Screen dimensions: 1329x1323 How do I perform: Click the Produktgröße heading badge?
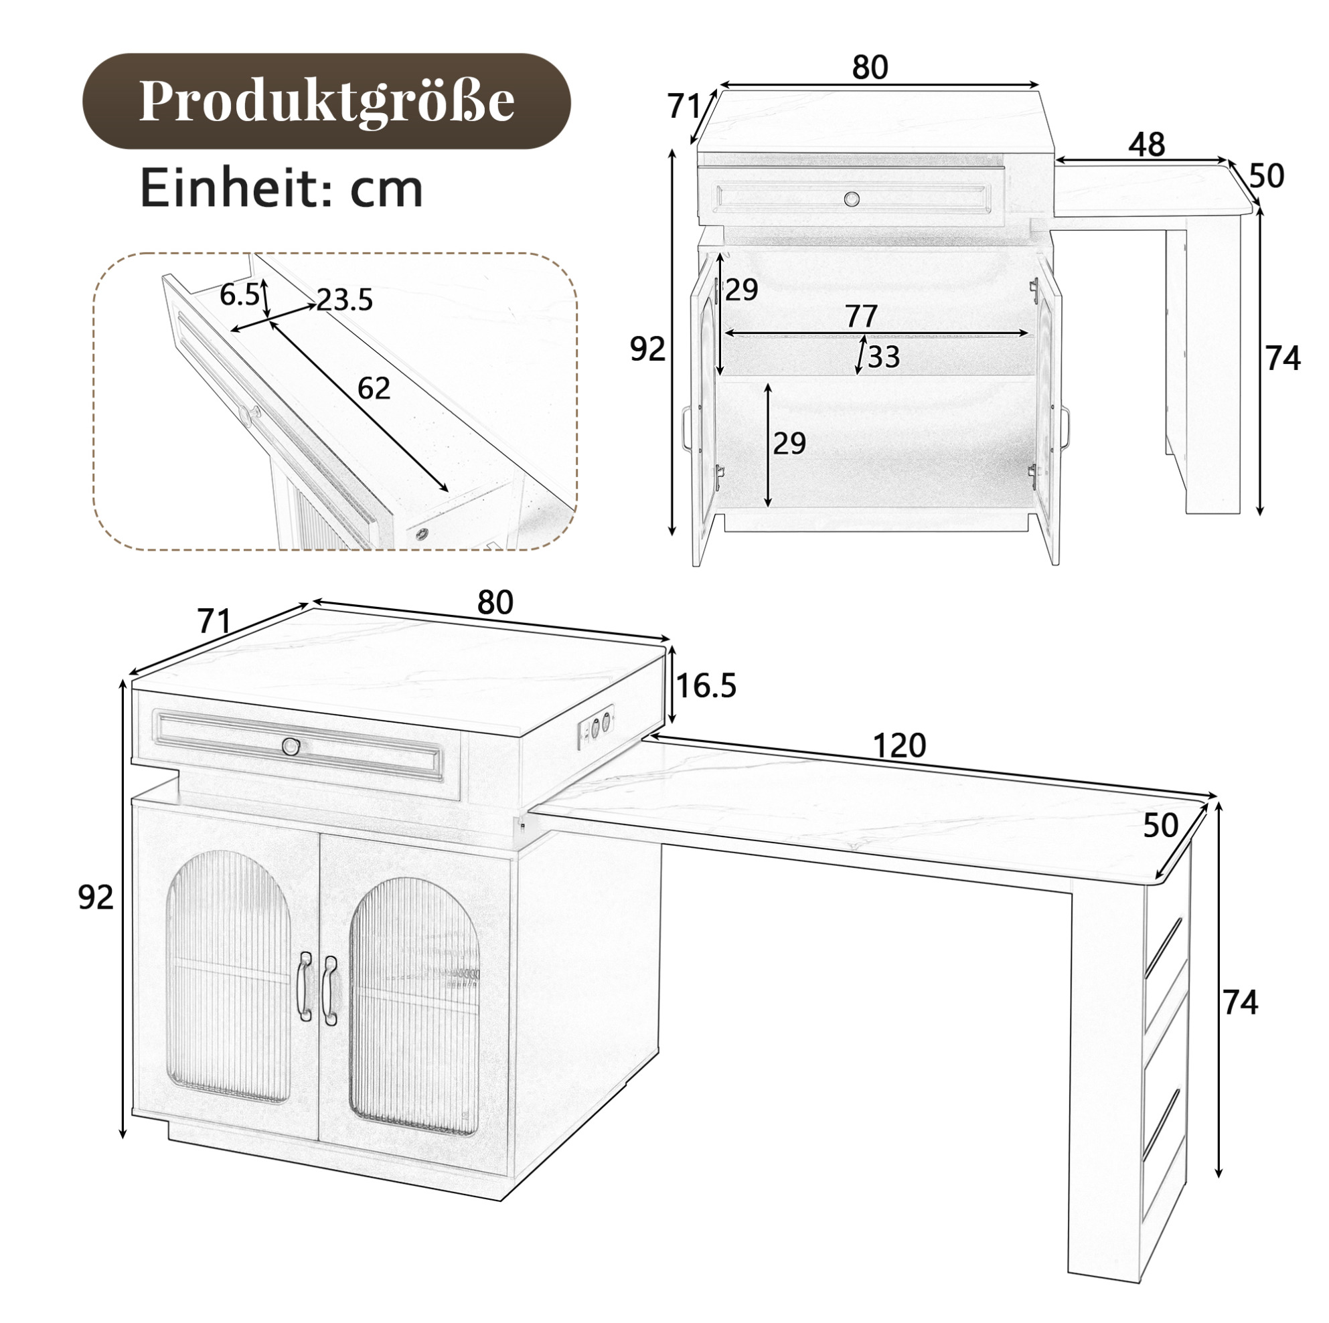click(326, 102)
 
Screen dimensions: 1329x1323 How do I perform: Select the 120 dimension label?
click(899, 745)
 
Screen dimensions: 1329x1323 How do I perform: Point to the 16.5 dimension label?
click(706, 685)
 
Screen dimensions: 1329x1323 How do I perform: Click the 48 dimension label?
click(1147, 145)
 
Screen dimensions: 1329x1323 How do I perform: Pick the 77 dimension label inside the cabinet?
click(861, 317)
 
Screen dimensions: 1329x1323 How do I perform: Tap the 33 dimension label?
click(884, 357)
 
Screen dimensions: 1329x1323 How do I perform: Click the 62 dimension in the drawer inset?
click(374, 389)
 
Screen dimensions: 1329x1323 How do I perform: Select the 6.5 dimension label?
click(240, 295)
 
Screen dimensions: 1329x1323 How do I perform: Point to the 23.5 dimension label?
click(345, 300)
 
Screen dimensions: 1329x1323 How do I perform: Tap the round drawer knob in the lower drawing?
click(292, 745)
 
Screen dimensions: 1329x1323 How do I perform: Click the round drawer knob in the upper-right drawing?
click(852, 199)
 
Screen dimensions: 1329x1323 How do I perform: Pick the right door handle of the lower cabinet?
click(329, 990)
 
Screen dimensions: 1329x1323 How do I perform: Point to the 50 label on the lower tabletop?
click(1160, 825)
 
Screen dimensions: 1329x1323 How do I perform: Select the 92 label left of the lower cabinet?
click(96, 897)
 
